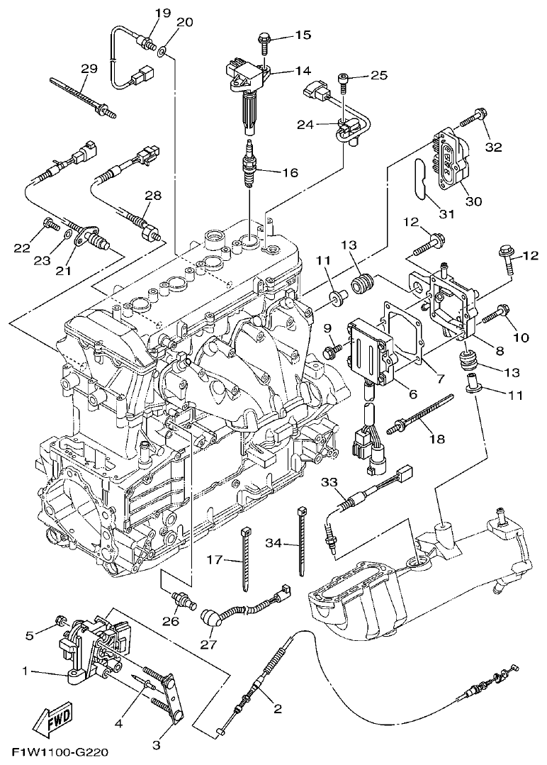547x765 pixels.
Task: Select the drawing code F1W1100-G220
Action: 60,752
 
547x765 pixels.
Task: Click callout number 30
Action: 473,201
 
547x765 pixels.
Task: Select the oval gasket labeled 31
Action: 419,182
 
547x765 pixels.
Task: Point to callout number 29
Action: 89,69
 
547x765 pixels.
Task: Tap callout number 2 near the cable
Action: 277,708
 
